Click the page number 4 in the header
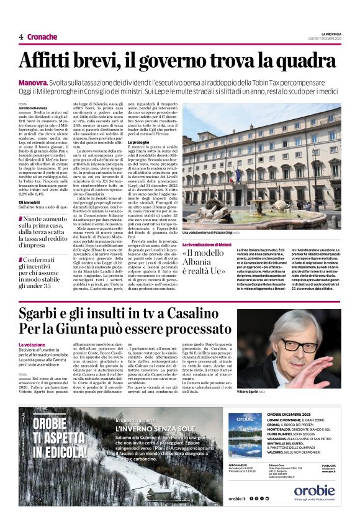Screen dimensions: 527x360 21,37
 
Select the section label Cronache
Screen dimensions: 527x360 42,37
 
